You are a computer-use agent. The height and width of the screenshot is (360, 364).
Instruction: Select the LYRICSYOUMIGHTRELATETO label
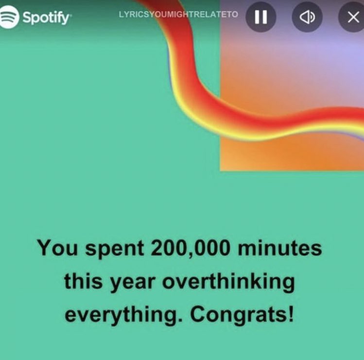[x=178, y=14]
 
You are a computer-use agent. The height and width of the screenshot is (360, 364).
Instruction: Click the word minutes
[x=279, y=249]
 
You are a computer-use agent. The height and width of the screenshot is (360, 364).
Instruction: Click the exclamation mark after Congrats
[x=291, y=314]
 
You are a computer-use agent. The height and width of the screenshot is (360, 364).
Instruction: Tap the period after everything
[x=181, y=321]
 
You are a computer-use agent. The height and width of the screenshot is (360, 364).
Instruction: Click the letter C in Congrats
[x=198, y=314]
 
